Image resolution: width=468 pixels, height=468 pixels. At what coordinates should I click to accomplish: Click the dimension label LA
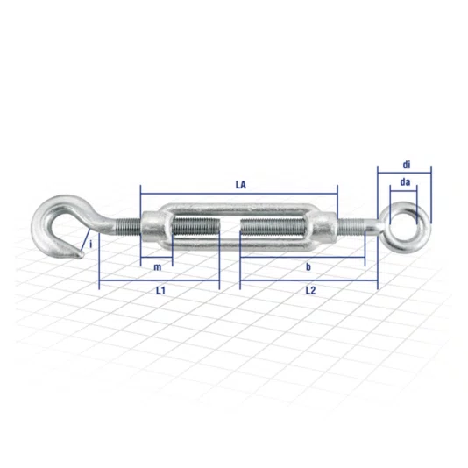click(240, 185)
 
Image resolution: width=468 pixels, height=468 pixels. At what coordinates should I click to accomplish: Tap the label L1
click(160, 290)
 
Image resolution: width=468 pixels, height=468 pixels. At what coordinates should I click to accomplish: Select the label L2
click(310, 290)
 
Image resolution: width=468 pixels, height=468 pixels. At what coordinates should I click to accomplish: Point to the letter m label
click(157, 267)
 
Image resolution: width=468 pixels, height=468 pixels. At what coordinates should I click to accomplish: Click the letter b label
click(308, 266)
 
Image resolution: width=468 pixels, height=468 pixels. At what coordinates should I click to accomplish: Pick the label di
click(407, 165)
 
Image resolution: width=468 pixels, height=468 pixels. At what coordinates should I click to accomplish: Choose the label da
click(405, 181)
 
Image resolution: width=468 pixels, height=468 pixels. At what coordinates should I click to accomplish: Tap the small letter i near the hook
click(91, 245)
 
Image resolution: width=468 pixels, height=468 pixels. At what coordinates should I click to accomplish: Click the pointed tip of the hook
click(82, 254)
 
